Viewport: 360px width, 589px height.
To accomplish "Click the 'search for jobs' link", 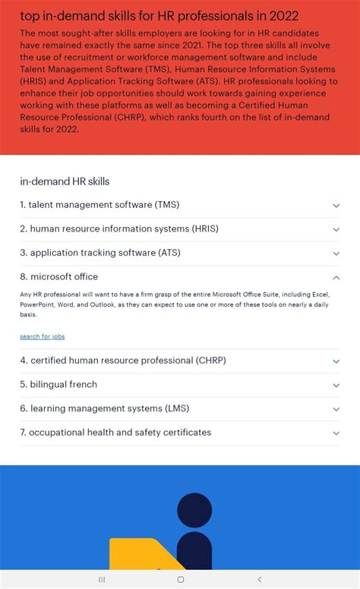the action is click(43, 336).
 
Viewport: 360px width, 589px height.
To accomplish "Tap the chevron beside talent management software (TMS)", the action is click(336, 206).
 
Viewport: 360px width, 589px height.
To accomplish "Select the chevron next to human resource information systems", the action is click(336, 229).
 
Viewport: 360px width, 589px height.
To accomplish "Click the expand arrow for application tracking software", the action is click(336, 254).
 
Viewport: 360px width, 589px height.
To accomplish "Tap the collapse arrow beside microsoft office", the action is click(336, 278).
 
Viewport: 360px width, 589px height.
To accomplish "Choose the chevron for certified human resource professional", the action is click(336, 361).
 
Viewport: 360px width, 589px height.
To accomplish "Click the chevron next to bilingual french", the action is click(336, 386).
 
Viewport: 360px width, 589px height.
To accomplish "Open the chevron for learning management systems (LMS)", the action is click(336, 409).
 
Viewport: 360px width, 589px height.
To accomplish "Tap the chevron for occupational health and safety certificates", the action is click(336, 433).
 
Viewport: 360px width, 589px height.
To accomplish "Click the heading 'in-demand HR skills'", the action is click(65, 181).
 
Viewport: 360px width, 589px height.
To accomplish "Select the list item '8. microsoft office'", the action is click(59, 277).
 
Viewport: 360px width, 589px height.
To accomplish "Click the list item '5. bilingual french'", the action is click(58, 385).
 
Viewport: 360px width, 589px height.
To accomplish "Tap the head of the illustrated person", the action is click(194, 510).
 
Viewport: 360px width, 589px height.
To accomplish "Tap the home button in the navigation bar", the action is click(180, 579).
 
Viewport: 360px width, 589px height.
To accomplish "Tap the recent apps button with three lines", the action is click(102, 579).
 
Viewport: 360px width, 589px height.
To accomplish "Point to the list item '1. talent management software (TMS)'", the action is click(99, 205).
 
